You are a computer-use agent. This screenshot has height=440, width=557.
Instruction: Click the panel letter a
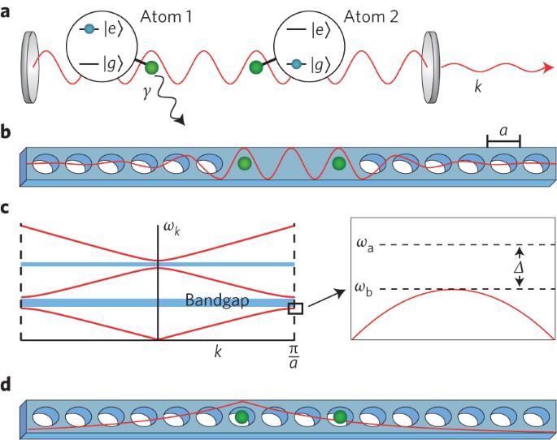(x=7, y=11)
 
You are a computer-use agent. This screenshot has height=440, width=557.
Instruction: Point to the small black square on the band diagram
(x=295, y=308)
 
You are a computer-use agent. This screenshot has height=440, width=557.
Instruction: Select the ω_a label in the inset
(x=363, y=244)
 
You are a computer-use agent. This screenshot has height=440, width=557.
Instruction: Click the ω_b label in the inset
(x=363, y=289)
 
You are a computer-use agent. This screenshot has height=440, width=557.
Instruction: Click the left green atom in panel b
(x=244, y=164)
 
